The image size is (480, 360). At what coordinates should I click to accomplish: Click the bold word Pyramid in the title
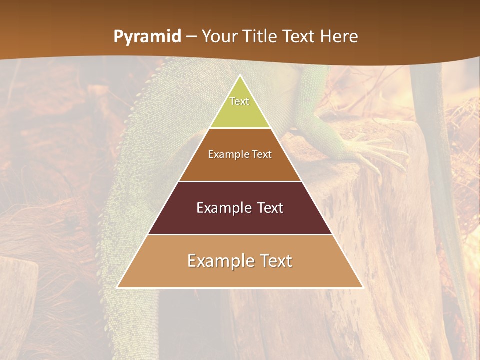[147, 37]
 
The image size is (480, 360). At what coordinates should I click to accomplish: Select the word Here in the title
[339, 37]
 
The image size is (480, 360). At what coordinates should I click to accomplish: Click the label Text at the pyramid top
[239, 101]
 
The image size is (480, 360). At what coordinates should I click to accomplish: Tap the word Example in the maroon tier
[222, 208]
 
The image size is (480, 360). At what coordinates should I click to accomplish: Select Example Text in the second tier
[240, 154]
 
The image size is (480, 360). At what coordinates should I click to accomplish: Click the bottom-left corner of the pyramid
[118, 287]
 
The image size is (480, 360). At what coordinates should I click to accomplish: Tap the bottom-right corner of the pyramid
[362, 287]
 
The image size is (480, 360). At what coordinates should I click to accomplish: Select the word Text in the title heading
[299, 37]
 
